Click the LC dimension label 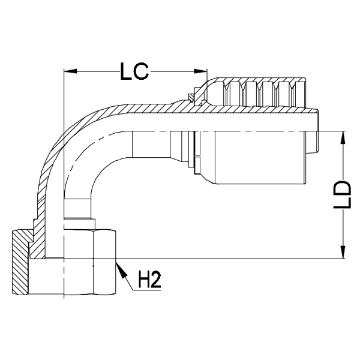point(134,72)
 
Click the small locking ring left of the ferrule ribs point(191,97)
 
